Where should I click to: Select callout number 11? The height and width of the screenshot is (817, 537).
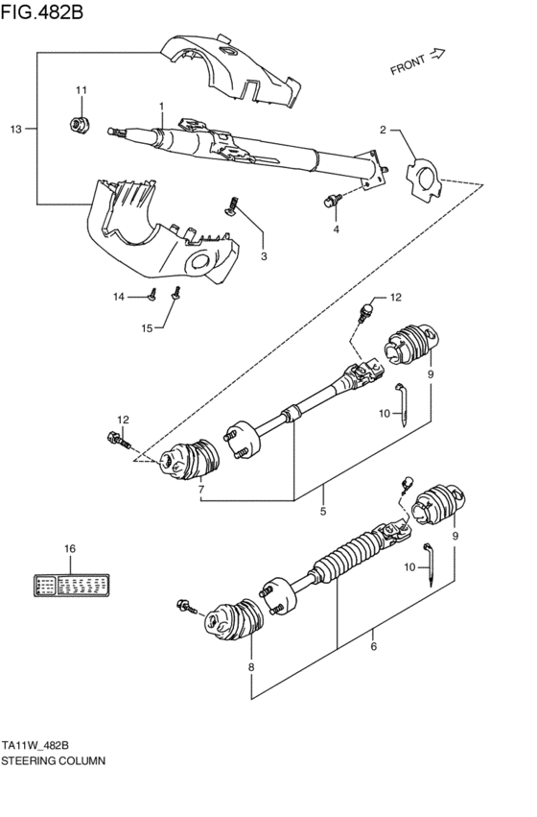82,90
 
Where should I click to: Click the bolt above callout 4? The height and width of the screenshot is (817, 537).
332,199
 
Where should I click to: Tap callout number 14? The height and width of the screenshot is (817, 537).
120,297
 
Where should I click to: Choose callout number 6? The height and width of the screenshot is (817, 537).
373,646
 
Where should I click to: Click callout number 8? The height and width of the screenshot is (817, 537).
252,666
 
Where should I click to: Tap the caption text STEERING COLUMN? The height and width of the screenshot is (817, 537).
53,758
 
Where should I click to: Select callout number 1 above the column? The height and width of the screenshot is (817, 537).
162,106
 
